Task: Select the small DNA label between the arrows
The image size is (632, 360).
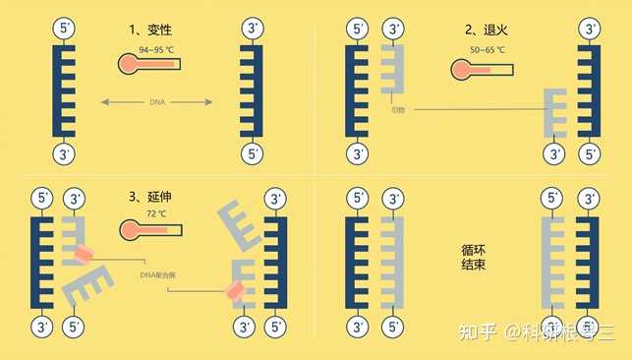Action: coord(157,100)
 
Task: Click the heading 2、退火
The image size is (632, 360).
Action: coord(486,29)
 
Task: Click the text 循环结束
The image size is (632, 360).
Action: coord(475,258)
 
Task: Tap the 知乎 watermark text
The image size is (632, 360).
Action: coord(478,331)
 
